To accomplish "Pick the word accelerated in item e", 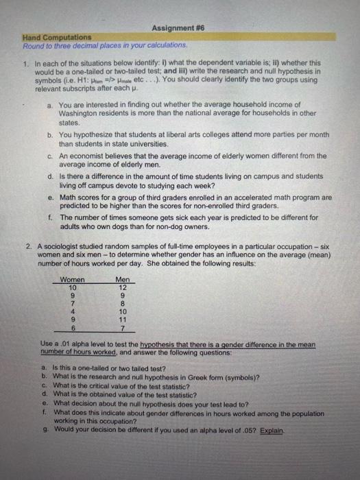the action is pyautogui.click(x=256, y=197).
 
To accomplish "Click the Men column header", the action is pyautogui.click(x=122, y=280).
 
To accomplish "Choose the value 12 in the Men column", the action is pyautogui.click(x=122, y=287).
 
